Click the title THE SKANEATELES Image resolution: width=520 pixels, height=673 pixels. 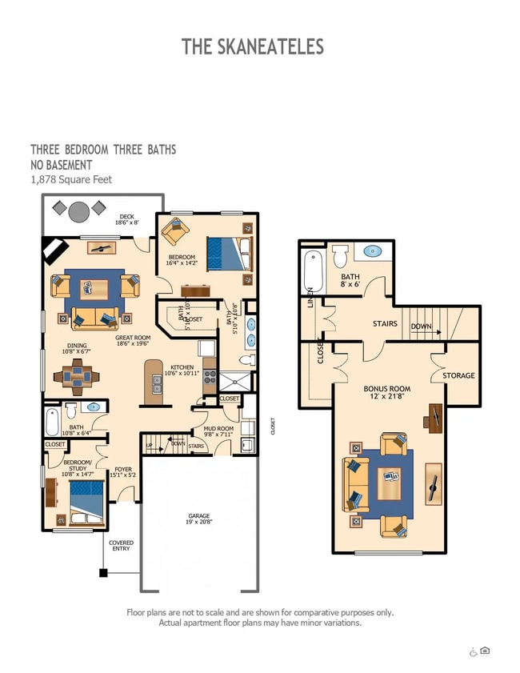[253, 46]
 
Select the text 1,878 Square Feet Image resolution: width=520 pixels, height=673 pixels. [71, 179]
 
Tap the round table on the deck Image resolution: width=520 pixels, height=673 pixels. [79, 211]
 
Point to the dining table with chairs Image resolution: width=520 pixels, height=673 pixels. [78, 374]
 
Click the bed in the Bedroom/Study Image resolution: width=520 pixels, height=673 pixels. [84, 501]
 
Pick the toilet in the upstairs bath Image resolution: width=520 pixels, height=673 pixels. [340, 256]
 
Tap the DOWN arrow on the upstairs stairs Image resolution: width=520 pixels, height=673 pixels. [422, 326]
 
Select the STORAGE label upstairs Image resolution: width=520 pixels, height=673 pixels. [458, 375]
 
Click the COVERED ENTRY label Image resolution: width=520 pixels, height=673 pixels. [122, 546]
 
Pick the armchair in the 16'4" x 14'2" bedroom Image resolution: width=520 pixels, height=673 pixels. [174, 232]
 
